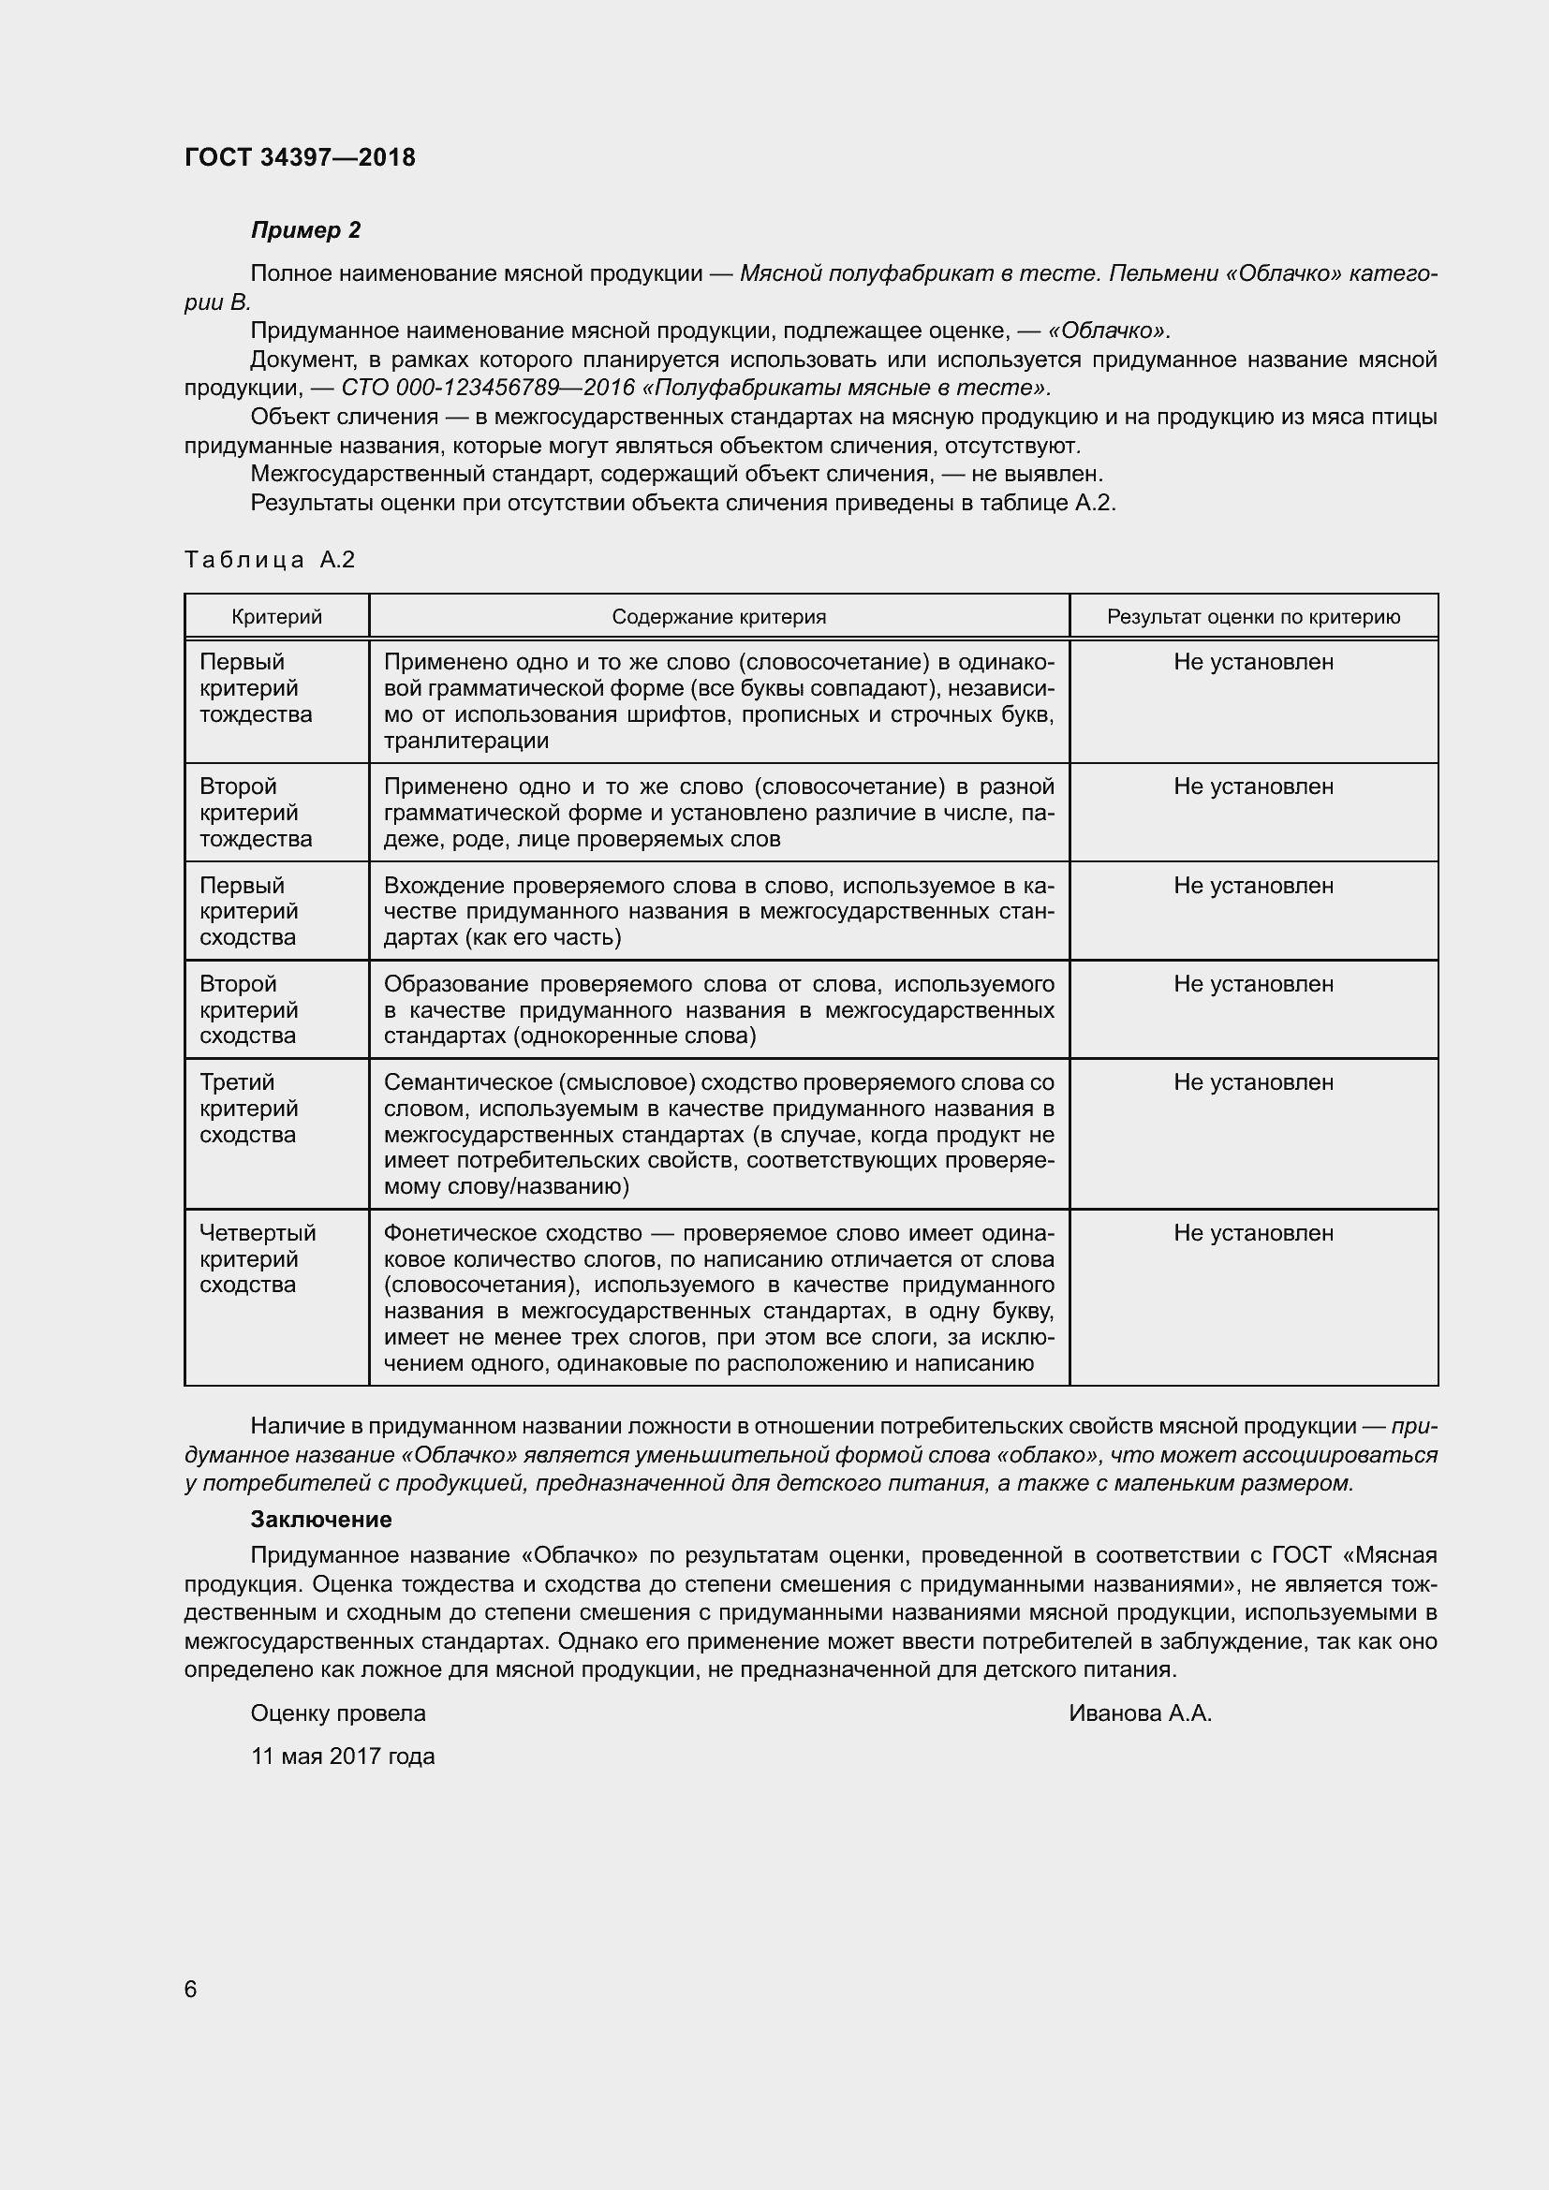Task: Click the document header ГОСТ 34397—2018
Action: (x=300, y=157)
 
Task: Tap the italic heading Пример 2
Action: (x=305, y=230)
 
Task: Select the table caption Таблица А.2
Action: (x=269, y=560)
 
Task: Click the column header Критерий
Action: (x=276, y=617)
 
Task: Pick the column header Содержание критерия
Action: (x=718, y=617)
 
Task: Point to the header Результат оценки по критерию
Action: (x=1252, y=617)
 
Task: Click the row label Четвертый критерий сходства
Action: (x=257, y=1258)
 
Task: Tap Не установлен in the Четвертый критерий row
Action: (x=1252, y=1232)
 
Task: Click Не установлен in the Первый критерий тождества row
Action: (x=1252, y=662)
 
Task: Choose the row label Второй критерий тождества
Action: (x=255, y=813)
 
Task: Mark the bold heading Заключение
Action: (x=320, y=1519)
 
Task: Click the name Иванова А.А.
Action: (x=1139, y=1713)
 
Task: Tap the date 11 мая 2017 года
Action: (x=343, y=1756)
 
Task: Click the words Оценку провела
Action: (x=338, y=1713)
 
